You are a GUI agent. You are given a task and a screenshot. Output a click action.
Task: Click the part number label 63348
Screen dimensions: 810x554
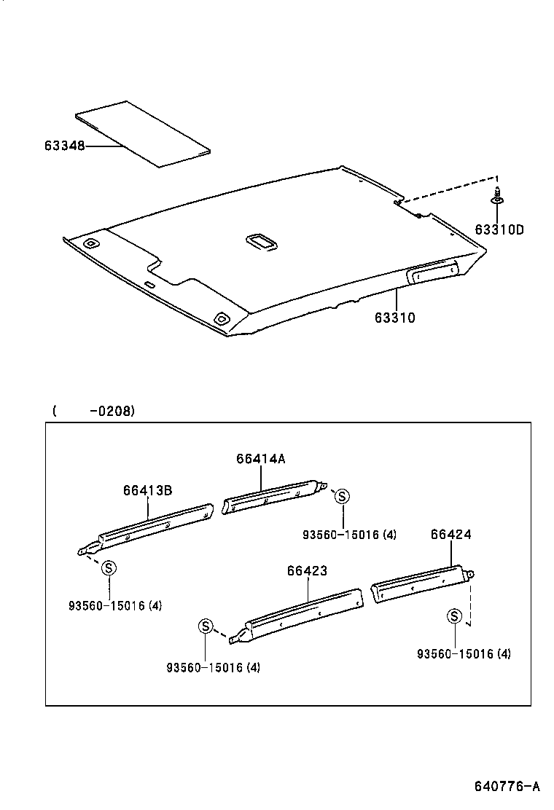64,146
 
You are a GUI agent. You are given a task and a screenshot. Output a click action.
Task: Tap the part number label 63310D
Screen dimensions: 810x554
499,230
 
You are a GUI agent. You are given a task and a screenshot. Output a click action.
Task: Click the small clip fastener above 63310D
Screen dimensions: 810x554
496,196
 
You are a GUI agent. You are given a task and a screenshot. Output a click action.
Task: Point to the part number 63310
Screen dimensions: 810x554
395,318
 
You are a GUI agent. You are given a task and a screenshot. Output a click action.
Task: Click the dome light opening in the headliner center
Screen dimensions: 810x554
261,242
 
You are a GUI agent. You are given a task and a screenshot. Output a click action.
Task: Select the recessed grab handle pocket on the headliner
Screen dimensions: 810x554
433,272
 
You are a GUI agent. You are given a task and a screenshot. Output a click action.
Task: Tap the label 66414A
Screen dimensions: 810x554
260,458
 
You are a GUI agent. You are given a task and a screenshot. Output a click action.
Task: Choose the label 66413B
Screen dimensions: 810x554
147,490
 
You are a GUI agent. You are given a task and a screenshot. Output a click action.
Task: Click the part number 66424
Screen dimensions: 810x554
450,534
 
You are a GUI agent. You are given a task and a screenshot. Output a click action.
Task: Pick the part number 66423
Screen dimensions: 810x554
307,571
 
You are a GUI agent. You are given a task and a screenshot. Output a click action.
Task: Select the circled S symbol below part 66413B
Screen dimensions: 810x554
108,567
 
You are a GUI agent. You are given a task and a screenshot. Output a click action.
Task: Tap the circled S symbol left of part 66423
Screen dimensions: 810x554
206,626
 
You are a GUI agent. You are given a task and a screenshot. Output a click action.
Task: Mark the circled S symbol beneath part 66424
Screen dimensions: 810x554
454,617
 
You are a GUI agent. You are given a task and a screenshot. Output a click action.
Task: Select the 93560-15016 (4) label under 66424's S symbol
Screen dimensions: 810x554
464,653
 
